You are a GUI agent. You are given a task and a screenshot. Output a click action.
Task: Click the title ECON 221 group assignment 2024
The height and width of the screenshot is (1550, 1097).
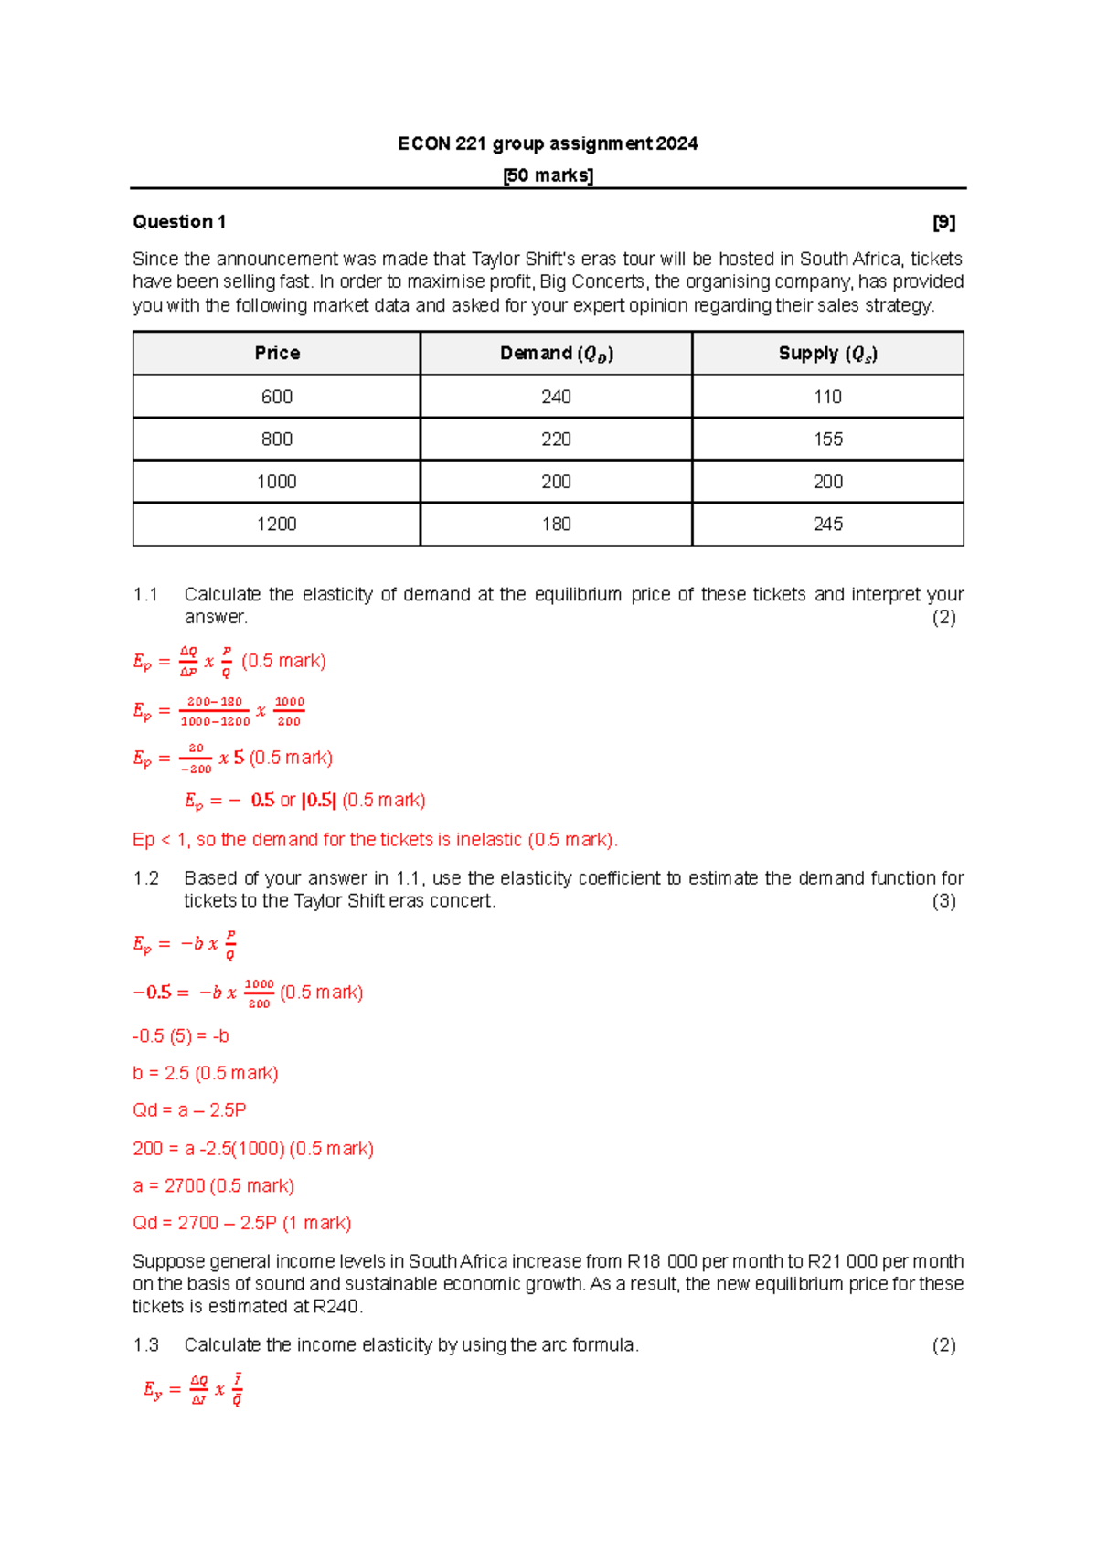tap(548, 143)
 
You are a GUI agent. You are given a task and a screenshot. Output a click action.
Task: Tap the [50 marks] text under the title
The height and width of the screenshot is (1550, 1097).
tap(548, 175)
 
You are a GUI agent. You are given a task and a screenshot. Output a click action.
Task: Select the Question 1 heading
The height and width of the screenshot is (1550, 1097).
tap(179, 222)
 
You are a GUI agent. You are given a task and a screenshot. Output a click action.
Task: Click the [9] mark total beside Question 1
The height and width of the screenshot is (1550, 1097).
tap(943, 222)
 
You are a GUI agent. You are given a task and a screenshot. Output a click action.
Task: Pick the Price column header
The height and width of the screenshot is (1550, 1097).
tap(277, 354)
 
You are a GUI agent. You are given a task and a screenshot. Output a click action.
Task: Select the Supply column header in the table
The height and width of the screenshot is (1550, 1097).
tap(827, 354)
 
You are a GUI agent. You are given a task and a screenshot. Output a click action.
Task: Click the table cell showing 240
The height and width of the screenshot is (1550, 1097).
tap(556, 397)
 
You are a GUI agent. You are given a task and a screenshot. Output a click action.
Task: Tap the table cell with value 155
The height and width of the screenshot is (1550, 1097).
tap(827, 440)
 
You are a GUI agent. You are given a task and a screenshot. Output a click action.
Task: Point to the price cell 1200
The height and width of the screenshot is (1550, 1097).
tap(277, 524)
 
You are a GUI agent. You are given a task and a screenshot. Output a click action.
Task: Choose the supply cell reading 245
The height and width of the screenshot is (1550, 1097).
tap(827, 524)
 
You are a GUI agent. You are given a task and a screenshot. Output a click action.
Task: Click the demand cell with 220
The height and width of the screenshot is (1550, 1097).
tap(556, 440)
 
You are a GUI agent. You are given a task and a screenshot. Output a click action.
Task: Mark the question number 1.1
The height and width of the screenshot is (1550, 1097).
tap(145, 595)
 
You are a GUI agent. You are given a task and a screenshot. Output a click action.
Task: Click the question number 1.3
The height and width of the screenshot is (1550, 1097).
tap(145, 1345)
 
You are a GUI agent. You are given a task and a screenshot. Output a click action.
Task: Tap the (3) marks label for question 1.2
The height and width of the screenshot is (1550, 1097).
tap(943, 901)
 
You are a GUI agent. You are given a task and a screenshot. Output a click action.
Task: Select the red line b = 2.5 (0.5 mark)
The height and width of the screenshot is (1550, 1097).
tap(206, 1073)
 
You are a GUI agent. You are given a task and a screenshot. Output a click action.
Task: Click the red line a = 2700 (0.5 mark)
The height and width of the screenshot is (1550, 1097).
tap(213, 1186)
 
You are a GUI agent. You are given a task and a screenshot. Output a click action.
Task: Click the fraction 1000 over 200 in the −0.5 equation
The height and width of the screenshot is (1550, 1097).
tap(259, 993)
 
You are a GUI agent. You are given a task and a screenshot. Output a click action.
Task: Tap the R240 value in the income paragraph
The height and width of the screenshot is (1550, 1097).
tap(336, 1307)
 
